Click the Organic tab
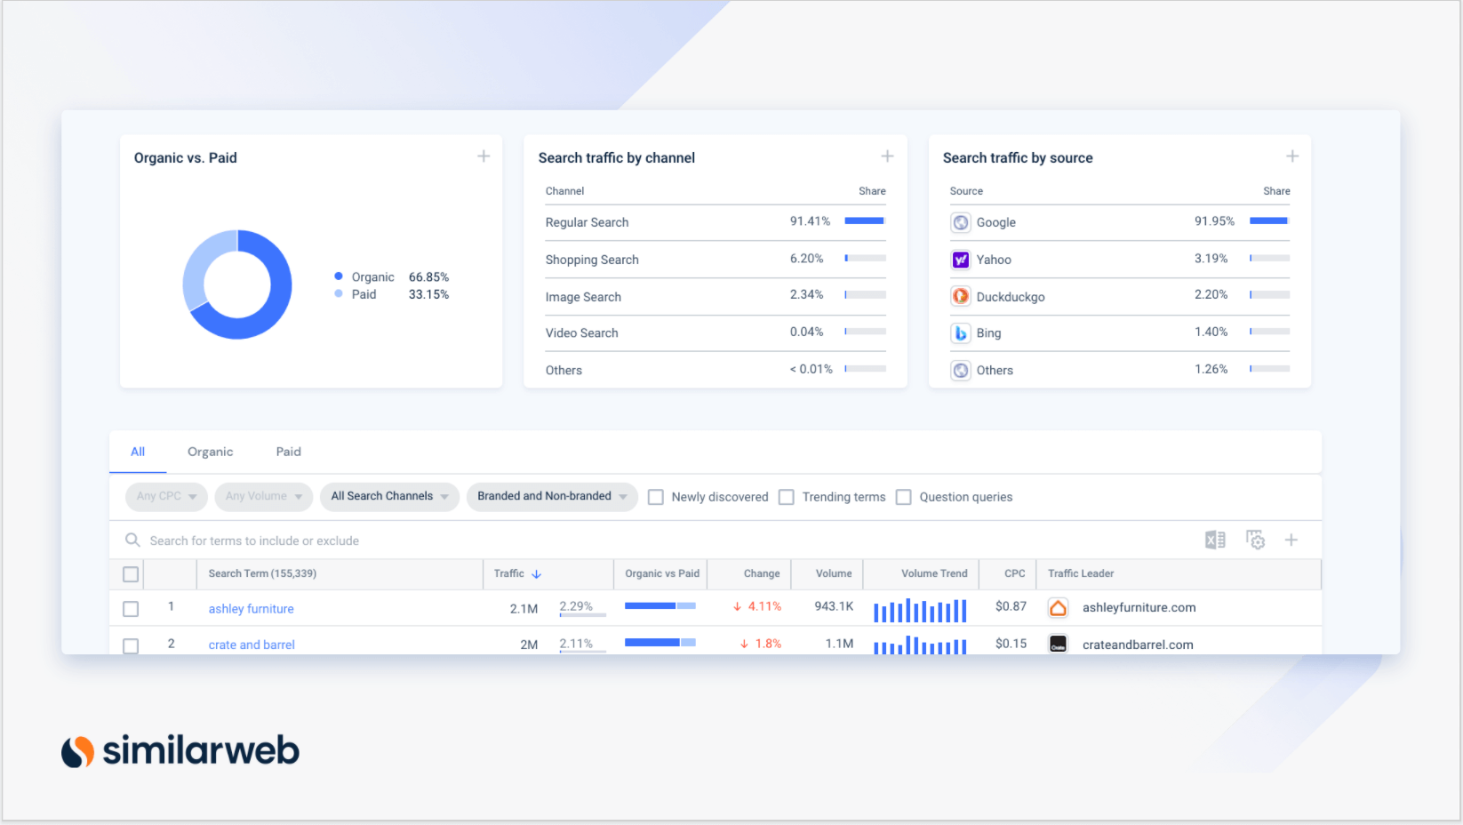(210, 452)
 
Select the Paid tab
(288, 452)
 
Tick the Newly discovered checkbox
(656, 497)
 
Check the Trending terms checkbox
(787, 497)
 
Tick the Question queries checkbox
(904, 497)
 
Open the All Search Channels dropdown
(389, 496)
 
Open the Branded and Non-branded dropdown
(552, 496)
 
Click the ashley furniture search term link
(251, 609)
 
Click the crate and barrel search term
(252, 645)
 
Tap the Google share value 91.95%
(1214, 221)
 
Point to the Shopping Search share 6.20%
(806, 259)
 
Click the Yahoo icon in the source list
(961, 260)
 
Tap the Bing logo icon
(961, 333)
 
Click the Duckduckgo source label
(1011, 297)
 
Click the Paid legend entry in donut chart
(364, 294)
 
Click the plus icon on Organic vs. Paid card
(484, 156)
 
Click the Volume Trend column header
(934, 573)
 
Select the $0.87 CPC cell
(1011, 606)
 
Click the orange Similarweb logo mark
(78, 751)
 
